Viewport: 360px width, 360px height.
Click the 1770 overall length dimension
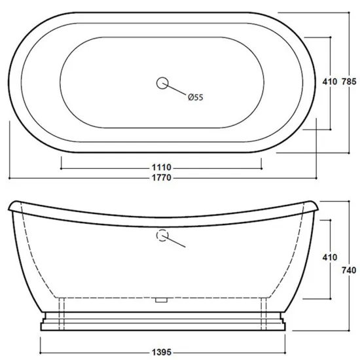tap(162, 177)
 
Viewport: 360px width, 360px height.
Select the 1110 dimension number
tap(162, 168)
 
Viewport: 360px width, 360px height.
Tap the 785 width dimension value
tap(349, 82)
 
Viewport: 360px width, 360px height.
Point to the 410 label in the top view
tap(330, 82)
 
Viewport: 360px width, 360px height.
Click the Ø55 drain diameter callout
tap(196, 98)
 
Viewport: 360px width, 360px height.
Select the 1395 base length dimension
tap(162, 352)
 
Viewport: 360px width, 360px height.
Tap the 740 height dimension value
tap(349, 270)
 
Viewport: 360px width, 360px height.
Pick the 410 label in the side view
tap(330, 257)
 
